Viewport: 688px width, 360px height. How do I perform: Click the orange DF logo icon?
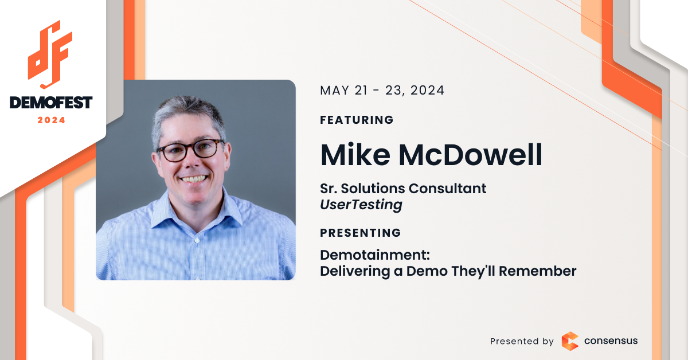50,55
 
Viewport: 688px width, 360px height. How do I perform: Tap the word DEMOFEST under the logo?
51,103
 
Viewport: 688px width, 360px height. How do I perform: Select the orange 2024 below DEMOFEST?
51,120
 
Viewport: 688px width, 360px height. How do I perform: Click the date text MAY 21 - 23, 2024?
382,91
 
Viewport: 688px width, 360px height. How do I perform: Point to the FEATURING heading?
357,120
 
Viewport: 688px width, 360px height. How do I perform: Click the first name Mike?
355,155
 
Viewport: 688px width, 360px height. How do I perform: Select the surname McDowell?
471,155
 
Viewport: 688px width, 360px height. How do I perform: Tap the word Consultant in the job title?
448,188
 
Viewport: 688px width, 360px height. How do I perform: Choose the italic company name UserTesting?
361,205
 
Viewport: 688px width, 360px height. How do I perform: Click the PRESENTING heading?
361,233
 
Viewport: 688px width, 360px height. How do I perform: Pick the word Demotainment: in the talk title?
375,255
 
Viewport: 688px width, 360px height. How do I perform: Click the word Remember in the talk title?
538,271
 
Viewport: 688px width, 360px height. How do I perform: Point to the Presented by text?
522,341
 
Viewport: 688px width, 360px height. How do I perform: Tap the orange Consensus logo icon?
570,341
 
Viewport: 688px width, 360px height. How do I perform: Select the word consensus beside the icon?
611,341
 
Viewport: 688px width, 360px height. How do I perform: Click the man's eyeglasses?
191,150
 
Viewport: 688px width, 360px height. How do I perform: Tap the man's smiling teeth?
194,178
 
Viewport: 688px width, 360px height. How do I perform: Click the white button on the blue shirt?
197,241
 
